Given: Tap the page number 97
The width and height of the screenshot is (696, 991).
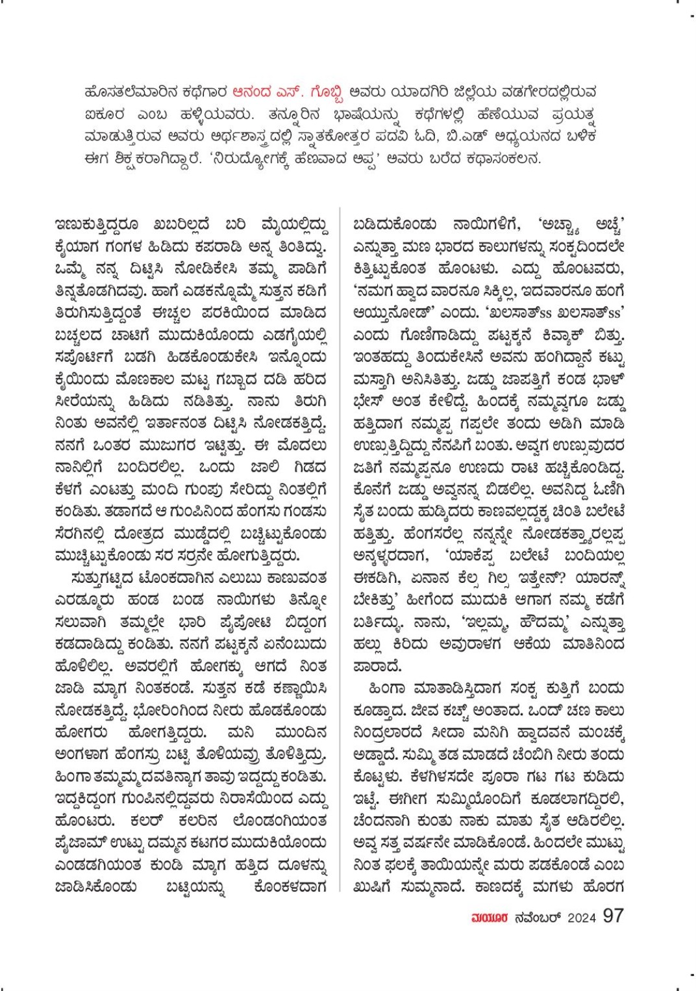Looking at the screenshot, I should tap(613, 916).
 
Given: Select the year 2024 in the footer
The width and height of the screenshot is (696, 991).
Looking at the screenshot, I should tap(581, 918).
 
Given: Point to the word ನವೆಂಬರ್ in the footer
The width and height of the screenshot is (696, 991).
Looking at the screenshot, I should tap(537, 918).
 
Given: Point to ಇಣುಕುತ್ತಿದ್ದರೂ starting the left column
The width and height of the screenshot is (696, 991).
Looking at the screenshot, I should tap(97, 225).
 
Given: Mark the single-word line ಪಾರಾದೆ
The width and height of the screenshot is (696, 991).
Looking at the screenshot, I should tap(378, 667).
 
